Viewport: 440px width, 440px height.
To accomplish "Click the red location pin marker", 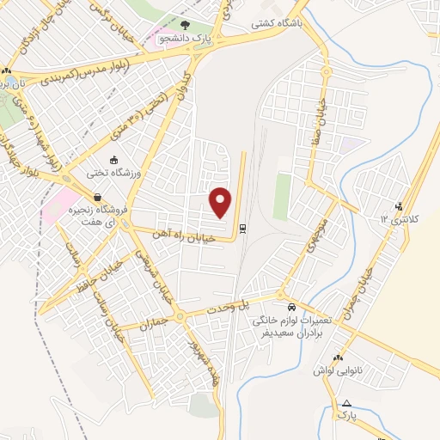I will click(x=222, y=202).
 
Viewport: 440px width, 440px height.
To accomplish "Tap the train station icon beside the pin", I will click(x=243, y=228).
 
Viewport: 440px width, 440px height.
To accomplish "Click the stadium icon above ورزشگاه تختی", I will click(x=113, y=159).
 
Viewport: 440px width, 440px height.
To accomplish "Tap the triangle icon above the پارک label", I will click(x=346, y=403).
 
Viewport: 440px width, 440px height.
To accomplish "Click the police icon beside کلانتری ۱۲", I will click(x=399, y=206).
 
